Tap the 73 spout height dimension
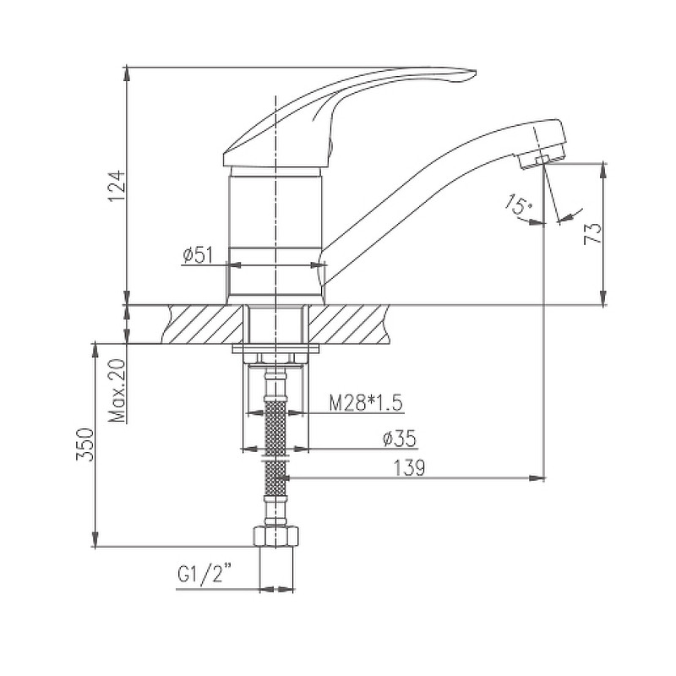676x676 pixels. pyautogui.click(x=592, y=234)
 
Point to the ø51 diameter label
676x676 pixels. pyautogui.click(x=198, y=255)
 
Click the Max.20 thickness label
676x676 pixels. pyautogui.click(x=117, y=390)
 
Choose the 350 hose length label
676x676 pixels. pyautogui.click(x=84, y=444)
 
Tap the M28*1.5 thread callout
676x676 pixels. pyautogui.click(x=366, y=404)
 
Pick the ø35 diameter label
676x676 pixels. pyautogui.click(x=399, y=439)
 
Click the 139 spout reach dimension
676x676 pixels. pyautogui.click(x=409, y=468)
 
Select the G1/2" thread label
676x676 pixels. pyautogui.click(x=202, y=575)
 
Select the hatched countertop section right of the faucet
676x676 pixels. pyautogui.click(x=349, y=324)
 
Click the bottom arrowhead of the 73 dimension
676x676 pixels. pyautogui.click(x=603, y=297)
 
